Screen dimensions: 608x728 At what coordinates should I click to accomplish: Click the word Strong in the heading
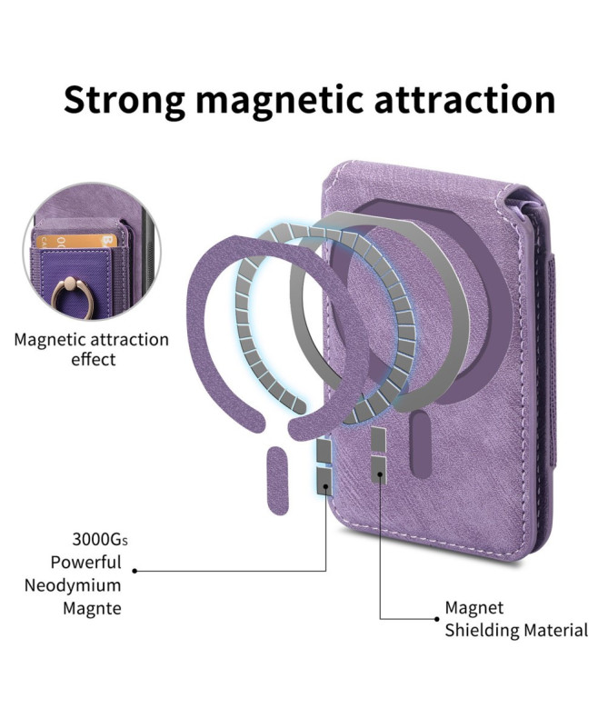point(125,99)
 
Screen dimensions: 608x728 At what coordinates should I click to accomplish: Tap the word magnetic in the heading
point(279,99)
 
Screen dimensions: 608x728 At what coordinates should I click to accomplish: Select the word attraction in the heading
point(464,99)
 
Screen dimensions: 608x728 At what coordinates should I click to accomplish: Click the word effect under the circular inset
point(94,359)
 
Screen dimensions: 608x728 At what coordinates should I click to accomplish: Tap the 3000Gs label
point(100,540)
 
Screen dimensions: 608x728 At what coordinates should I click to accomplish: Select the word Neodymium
point(73,585)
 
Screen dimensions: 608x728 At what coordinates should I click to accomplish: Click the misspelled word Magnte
point(93,608)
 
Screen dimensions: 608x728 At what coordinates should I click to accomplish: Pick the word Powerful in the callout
point(85,562)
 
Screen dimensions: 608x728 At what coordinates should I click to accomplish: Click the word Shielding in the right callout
point(483,631)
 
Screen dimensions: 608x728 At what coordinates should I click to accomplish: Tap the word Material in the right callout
point(556,631)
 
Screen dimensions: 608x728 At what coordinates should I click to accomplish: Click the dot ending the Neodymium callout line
point(135,571)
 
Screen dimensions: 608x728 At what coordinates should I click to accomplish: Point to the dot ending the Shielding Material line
point(437,619)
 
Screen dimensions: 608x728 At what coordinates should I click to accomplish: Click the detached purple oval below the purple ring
point(278,481)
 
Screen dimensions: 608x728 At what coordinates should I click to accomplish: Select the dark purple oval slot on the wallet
point(422,444)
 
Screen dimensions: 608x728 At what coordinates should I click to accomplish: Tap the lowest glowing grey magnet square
point(324,481)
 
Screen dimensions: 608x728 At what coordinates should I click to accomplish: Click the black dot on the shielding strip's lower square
point(380,474)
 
